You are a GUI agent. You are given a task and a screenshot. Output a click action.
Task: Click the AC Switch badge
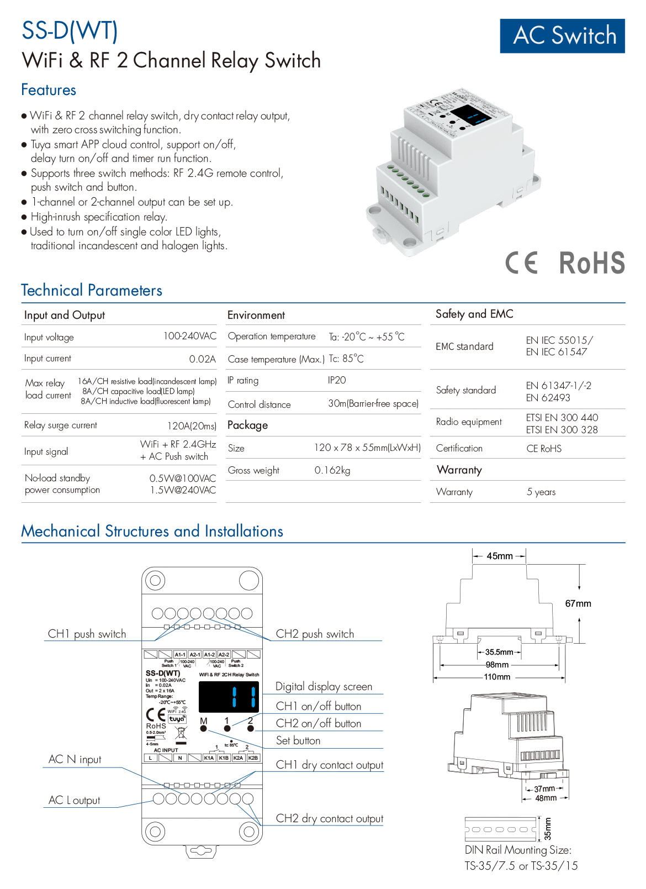(x=562, y=36)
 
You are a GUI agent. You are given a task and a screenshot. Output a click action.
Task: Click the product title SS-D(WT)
(x=70, y=31)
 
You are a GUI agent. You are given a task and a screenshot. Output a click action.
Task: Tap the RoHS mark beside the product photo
(x=591, y=263)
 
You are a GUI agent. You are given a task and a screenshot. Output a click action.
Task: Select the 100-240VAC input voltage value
(x=189, y=336)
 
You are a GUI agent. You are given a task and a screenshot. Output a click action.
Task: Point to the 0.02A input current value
(x=202, y=359)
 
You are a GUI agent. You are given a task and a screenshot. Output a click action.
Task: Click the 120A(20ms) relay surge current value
(x=192, y=425)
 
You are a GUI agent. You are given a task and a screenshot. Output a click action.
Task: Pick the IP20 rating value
(x=337, y=380)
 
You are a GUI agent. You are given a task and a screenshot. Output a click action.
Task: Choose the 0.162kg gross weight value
(x=332, y=470)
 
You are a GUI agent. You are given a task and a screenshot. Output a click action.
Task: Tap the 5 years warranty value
(x=541, y=492)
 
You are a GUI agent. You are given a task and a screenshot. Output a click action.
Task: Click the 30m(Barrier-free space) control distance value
(x=373, y=403)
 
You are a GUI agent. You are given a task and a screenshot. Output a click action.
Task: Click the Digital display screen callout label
(x=324, y=686)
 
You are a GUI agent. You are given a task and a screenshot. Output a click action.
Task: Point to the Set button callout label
(x=298, y=740)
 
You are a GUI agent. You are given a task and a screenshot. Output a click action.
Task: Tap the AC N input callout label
(x=75, y=759)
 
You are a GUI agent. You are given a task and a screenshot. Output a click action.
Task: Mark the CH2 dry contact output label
(x=329, y=818)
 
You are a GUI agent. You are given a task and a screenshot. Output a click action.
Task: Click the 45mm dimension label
(x=500, y=556)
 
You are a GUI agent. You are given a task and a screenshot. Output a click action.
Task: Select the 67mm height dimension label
(x=578, y=603)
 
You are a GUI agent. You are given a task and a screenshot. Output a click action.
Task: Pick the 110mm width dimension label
(x=497, y=677)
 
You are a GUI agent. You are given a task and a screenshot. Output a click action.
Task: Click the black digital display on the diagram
(x=228, y=697)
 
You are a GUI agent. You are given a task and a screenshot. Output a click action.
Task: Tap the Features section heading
(x=49, y=90)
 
